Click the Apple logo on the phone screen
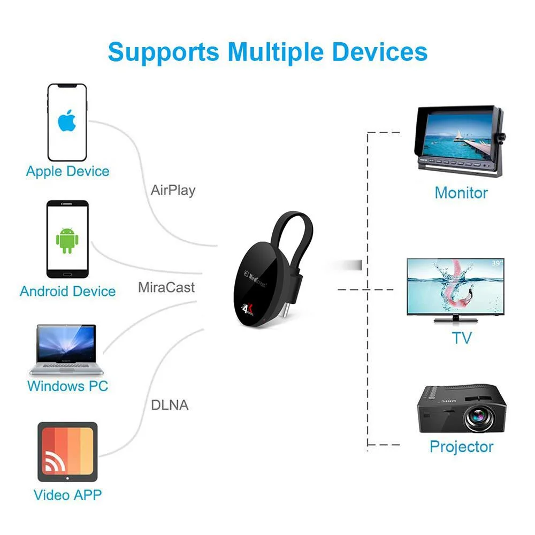[x=67, y=122]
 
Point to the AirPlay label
[x=173, y=190]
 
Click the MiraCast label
[x=166, y=287]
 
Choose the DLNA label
[x=170, y=405]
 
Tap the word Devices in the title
[x=379, y=52]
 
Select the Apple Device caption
[x=67, y=172]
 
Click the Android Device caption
[x=67, y=292]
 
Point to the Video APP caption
[x=67, y=494]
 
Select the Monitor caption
[x=461, y=193]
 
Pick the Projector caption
[x=461, y=447]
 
